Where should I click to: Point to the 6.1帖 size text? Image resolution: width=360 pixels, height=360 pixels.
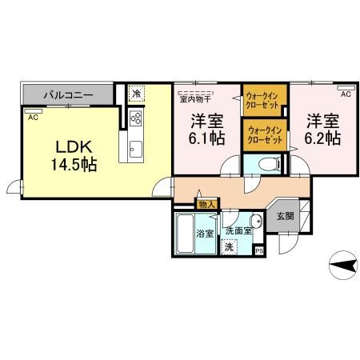[206, 138]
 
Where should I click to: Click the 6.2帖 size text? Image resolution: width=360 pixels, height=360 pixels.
[322, 138]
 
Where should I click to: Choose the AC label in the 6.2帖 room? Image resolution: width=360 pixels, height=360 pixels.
[346, 94]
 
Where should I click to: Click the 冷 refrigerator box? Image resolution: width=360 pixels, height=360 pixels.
[136, 93]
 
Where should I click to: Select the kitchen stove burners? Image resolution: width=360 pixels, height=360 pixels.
[134, 120]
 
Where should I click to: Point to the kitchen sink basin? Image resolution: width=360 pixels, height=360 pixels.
[134, 148]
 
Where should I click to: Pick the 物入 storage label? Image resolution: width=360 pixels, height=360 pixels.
[206, 206]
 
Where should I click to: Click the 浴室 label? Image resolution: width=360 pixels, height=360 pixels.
[206, 234]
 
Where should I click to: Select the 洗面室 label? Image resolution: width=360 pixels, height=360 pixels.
[238, 230]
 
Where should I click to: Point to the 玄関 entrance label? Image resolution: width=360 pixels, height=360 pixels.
[284, 217]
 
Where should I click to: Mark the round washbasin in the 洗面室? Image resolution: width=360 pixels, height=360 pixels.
[256, 222]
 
